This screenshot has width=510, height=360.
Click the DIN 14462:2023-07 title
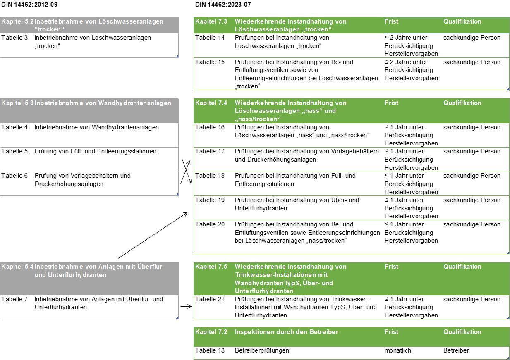pyautogui.click(x=223, y=5)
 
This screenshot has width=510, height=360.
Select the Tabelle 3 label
pyautogui.click(x=14, y=38)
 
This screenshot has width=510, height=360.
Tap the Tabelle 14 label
pyautogui.click(x=210, y=38)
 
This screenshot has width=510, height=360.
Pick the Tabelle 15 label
pyautogui.click(x=210, y=62)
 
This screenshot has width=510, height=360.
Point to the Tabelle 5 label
pyautogui.click(x=14, y=151)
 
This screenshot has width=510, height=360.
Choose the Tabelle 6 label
pyautogui.click(x=14, y=176)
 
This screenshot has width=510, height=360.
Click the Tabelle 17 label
pyautogui.click(x=210, y=151)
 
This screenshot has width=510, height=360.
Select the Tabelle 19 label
pyautogui.click(x=210, y=200)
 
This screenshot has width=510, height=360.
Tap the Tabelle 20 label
pyautogui.click(x=210, y=224)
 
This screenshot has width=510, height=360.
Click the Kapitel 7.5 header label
pyautogui.click(x=211, y=267)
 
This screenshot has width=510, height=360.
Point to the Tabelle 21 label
pyautogui.click(x=210, y=299)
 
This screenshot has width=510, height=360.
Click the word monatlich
pyautogui.click(x=398, y=350)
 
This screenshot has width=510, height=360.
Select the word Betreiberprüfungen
pyautogui.click(x=262, y=350)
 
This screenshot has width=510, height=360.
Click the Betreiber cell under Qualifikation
pyautogui.click(x=456, y=350)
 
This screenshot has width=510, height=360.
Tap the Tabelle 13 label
pyautogui.click(x=210, y=350)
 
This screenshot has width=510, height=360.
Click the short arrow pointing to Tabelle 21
pyautogui.click(x=186, y=307)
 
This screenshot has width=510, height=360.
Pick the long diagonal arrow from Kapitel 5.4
pyautogui.click(x=153, y=235)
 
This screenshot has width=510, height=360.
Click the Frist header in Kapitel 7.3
pyautogui.click(x=391, y=21)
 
